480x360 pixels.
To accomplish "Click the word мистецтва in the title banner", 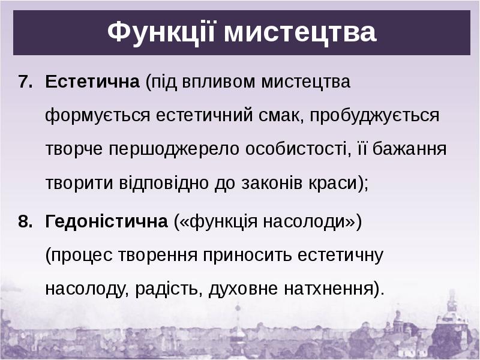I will [301, 32].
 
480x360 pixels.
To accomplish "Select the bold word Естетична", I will [92, 82].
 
